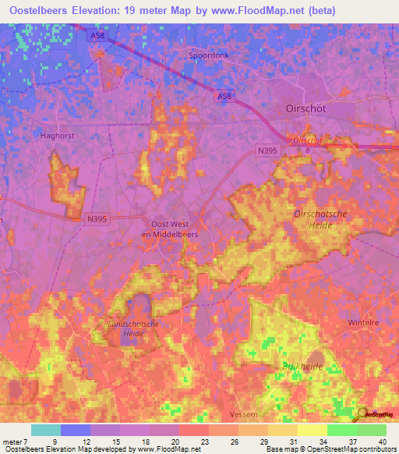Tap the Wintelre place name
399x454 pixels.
coord(362,320)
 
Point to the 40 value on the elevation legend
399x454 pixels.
coord(381,442)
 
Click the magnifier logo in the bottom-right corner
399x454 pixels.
coord(363,414)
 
